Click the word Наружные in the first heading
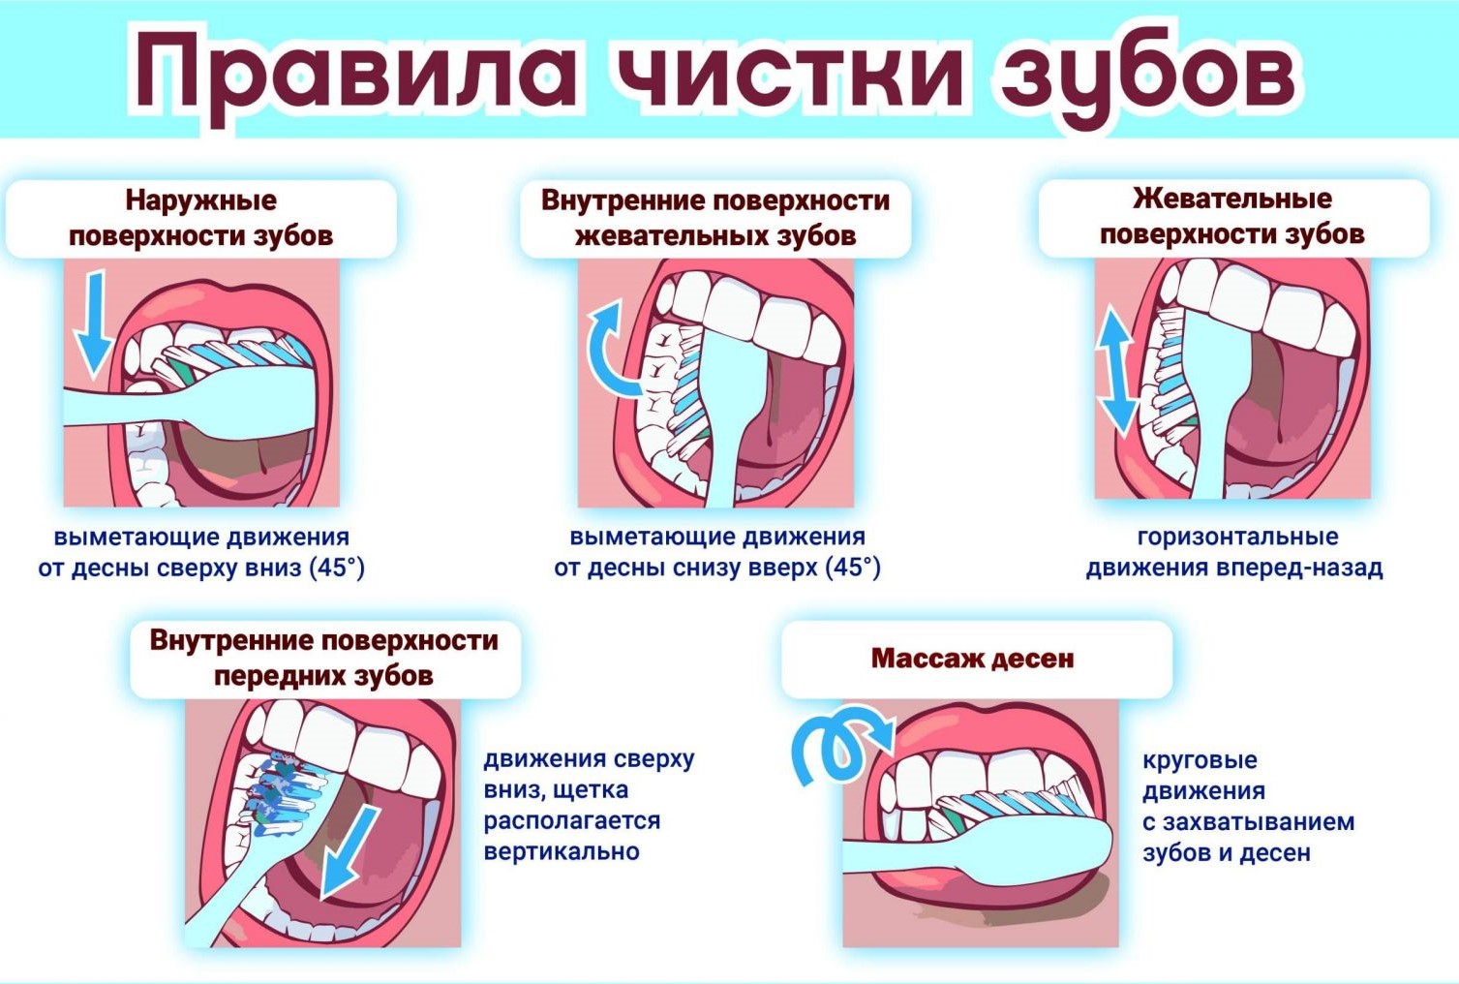click(x=201, y=200)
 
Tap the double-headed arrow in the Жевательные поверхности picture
click(x=1115, y=372)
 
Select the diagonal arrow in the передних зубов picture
click(x=350, y=851)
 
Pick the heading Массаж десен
click(x=972, y=659)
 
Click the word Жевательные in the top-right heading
click(x=1231, y=199)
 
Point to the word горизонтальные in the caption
click(x=1237, y=537)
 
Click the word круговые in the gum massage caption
click(x=1200, y=759)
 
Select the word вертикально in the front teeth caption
click(x=562, y=852)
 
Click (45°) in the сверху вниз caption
click(x=337, y=568)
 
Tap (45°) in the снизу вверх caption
click(x=853, y=568)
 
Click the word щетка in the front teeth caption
click(x=593, y=790)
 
